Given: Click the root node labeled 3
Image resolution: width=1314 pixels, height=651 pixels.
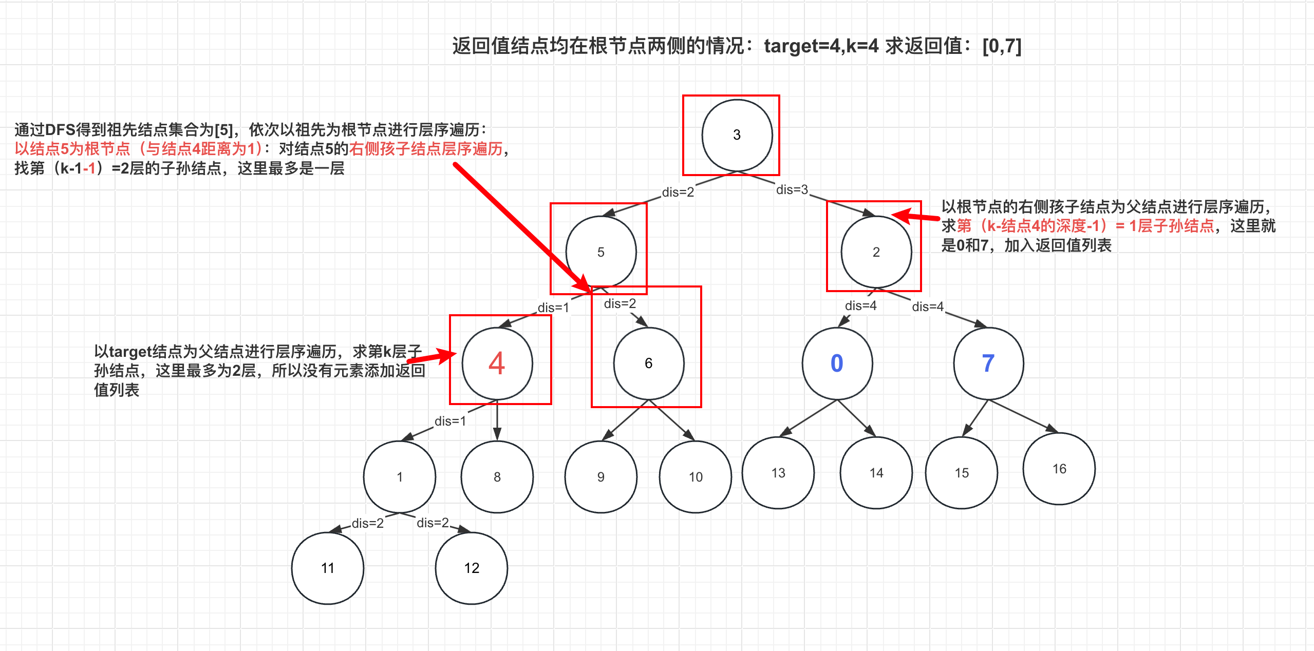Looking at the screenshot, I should pos(737,135).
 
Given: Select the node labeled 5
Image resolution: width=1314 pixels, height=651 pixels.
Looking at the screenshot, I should pos(600,252).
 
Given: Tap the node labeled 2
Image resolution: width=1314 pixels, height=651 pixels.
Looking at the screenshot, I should pos(876,252).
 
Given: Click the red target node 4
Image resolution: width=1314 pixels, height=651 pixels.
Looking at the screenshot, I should pos(497,363).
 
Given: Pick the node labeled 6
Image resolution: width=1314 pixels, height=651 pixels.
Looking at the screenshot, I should pos(648,363).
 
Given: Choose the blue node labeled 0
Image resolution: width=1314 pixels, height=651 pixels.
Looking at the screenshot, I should pos(837,363).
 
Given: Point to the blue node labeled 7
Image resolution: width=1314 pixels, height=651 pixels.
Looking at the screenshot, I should pos(988,363).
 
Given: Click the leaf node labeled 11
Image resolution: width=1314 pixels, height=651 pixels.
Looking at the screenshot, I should pos(327,568).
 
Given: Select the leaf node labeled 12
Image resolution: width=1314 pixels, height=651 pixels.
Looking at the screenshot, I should pos(471,568).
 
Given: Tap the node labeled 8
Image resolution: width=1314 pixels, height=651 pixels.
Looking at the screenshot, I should pos(497,477).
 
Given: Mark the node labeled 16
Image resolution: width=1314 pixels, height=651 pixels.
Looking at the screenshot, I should pos(1059,469).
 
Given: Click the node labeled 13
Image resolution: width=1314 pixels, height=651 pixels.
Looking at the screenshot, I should pos(778,473).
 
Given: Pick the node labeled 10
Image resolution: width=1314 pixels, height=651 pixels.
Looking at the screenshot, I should pos(695,477).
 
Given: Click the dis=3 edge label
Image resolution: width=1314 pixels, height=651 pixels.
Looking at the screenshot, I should pos(792,190).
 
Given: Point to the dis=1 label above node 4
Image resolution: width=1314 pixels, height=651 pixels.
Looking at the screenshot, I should pos(553,308).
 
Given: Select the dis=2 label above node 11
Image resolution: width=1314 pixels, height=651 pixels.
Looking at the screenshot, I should pos(367,523).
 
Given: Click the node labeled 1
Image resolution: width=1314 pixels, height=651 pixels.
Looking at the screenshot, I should pos(399,477).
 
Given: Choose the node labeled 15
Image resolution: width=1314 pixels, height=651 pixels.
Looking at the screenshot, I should pos(961,473).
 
